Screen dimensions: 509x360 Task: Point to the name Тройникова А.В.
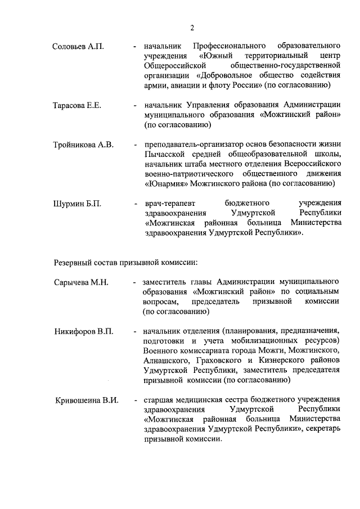(83, 145)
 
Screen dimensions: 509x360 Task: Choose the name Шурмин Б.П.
(77, 203)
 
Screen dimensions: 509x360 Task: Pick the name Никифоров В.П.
(83, 331)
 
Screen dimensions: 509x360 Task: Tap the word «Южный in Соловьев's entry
(216, 56)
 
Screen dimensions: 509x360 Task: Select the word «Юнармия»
(166, 183)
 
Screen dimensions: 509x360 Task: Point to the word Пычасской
(164, 154)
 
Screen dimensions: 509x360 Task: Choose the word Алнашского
(164, 361)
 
